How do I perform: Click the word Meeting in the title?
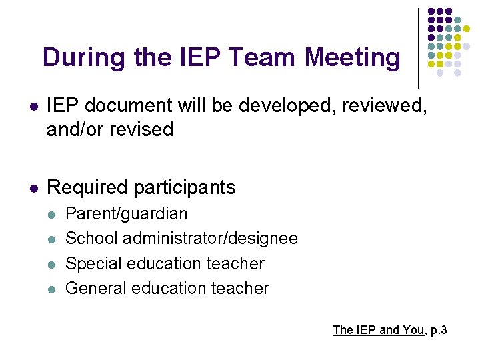pos(353,58)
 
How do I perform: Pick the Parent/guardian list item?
pos(127,214)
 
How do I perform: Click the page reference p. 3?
pos(438,330)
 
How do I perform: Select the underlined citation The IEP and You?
pos(378,330)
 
